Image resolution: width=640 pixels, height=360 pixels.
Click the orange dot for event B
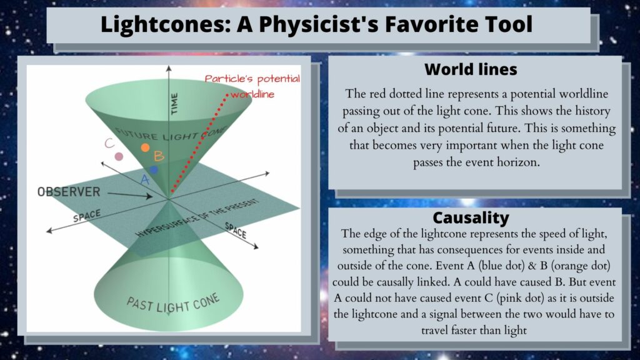[145, 147]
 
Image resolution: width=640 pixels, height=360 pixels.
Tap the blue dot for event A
[154, 169]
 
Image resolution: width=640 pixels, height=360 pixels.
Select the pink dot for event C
[119, 156]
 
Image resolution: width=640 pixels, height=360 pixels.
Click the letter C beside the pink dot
[109, 143]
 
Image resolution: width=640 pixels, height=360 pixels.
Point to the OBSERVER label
[69, 192]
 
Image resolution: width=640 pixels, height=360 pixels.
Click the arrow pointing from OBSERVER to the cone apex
[130, 195]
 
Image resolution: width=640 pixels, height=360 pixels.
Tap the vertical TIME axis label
[174, 104]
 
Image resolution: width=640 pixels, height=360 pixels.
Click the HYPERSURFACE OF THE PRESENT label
[197, 218]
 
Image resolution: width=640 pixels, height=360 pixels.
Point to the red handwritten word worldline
[252, 95]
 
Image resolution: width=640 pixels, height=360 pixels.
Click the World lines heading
[471, 69]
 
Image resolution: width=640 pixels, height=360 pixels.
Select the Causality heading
[471, 217]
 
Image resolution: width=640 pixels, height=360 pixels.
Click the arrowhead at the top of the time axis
[169, 67]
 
